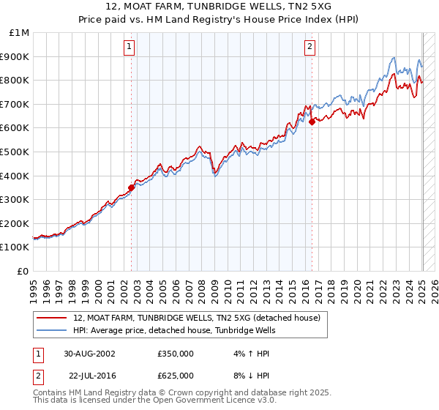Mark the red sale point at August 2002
coord(132,187)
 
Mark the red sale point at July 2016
coord(312,122)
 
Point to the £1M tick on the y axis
coord(20,33)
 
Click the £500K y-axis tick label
coord(16,152)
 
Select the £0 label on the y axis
coord(24,271)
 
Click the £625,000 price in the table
coord(176,375)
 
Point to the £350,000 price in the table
coord(176,353)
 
